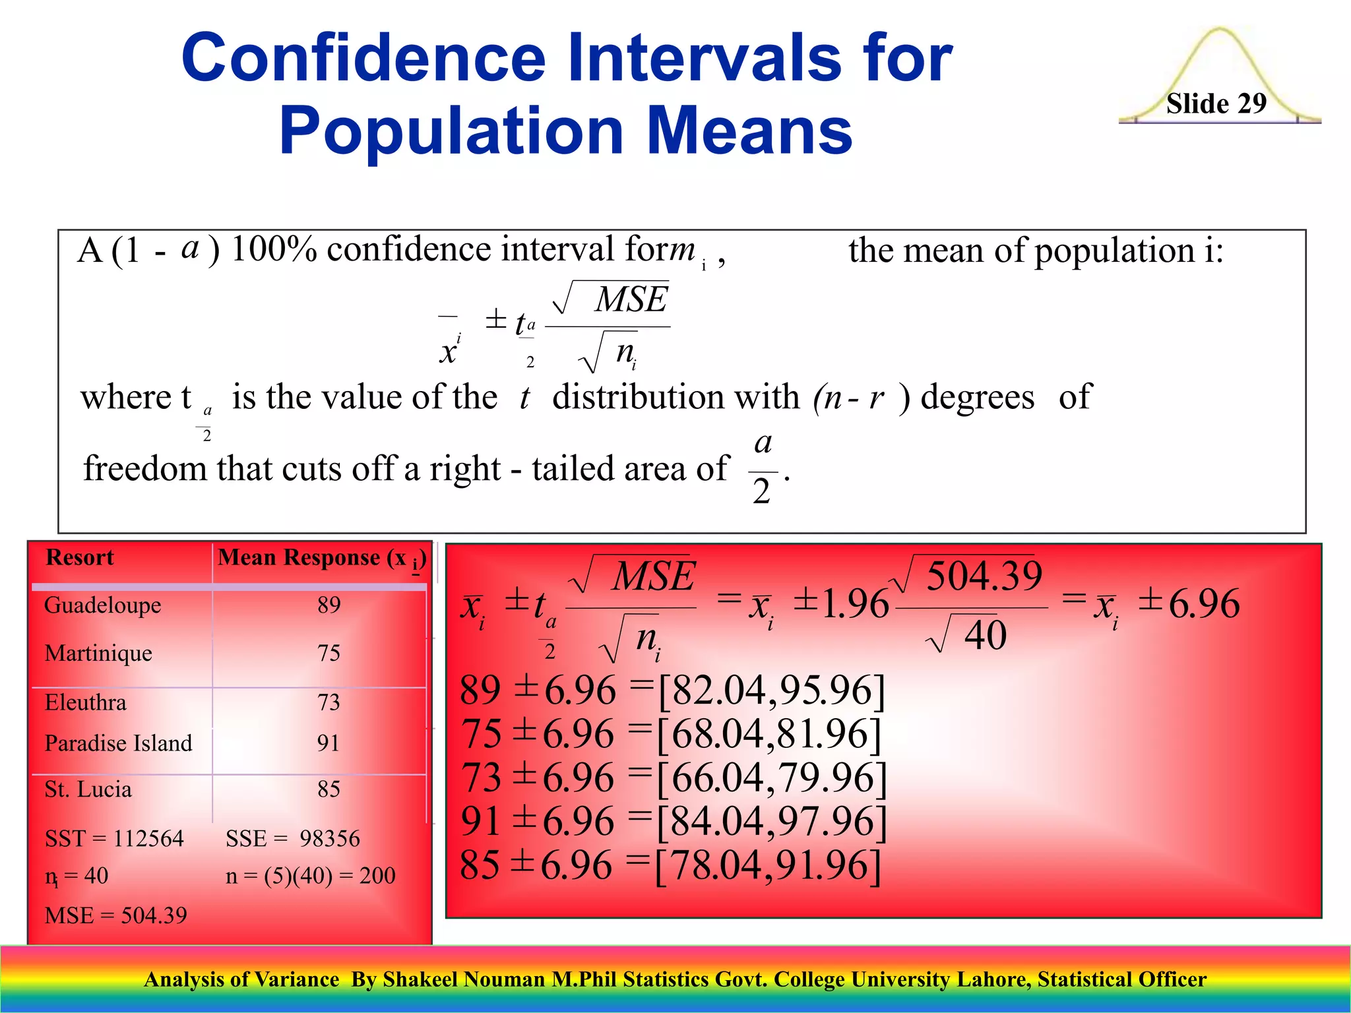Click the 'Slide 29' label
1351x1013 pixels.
1216,104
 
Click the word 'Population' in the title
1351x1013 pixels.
451,131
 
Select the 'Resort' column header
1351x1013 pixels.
80,558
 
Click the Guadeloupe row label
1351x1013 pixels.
102,605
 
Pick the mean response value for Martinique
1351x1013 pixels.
329,653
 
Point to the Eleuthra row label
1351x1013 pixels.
85,702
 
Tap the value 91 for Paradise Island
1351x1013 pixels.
329,743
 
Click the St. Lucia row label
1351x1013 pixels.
88,789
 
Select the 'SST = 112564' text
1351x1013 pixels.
114,839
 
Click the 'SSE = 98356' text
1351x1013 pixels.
292,839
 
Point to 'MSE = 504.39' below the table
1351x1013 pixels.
115,915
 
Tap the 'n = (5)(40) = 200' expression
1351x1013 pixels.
310,876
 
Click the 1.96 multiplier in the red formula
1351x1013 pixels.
855,603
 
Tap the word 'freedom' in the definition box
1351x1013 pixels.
144,469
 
